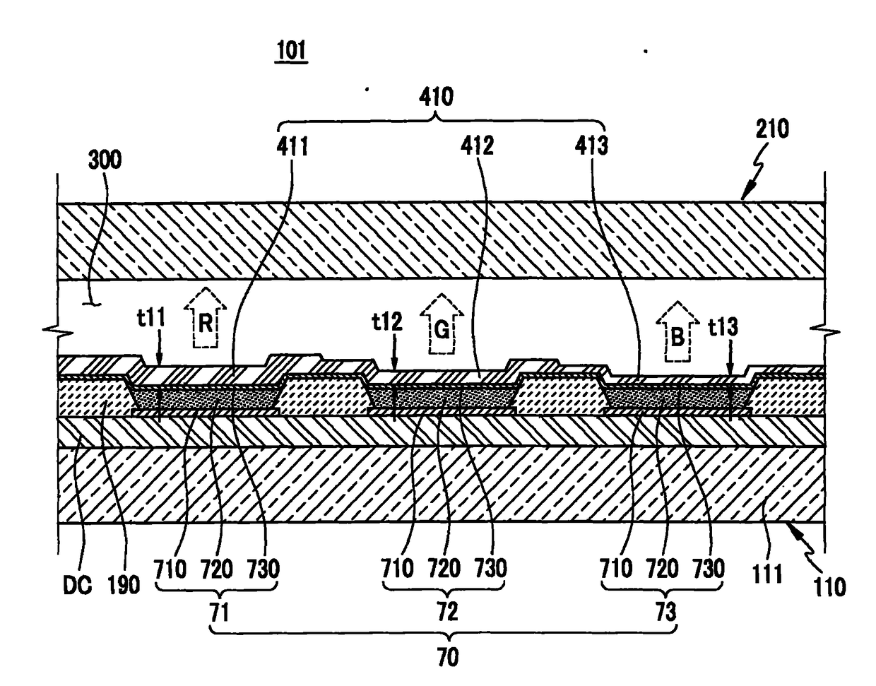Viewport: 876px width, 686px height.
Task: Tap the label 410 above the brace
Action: [436, 96]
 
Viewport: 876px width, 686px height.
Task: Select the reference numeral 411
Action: [292, 146]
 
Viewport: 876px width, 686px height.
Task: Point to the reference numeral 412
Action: [477, 146]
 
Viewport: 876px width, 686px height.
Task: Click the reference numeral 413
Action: [591, 146]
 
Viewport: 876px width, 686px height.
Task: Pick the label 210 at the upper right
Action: [772, 129]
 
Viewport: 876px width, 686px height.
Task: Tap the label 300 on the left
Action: [104, 160]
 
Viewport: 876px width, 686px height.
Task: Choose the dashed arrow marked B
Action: [676, 336]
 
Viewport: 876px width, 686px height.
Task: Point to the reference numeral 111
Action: [766, 572]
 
